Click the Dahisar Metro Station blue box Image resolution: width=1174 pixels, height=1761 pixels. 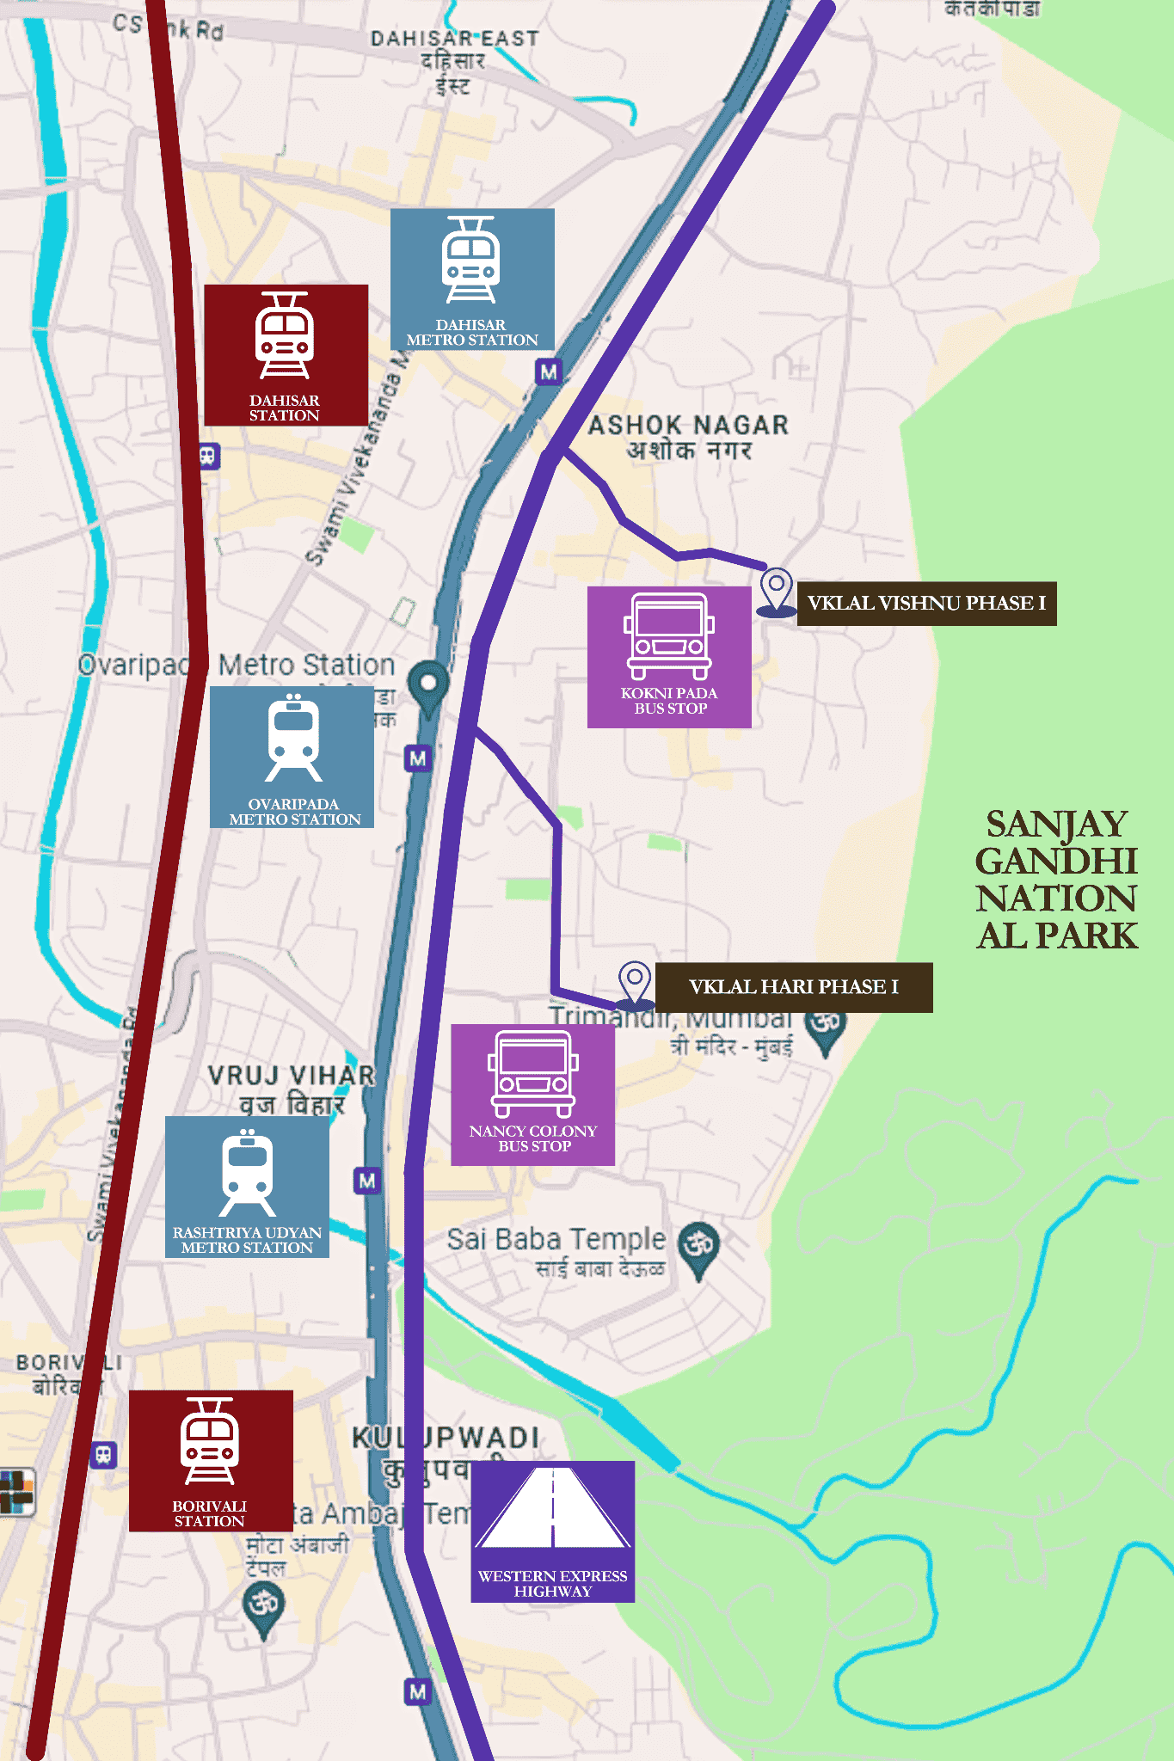472,279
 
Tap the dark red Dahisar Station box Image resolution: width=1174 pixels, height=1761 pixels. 286,354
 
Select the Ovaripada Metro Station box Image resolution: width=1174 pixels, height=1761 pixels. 292,757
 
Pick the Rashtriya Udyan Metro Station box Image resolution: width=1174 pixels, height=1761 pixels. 247,1187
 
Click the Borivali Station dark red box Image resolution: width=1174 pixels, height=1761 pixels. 211,1460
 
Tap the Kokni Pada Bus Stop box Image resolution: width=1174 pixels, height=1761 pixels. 669,657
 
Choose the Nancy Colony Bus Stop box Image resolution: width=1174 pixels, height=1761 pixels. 533,1094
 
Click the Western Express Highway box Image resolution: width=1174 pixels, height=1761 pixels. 553,1531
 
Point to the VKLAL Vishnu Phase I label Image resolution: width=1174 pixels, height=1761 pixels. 926,603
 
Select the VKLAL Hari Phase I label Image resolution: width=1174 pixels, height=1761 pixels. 793,987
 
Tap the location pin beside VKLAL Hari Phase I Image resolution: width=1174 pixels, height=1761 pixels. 635,982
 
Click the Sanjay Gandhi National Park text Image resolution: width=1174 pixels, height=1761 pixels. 1057,879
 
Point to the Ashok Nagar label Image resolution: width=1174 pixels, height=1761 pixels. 688,437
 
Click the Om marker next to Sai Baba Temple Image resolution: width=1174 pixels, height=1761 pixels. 699,1246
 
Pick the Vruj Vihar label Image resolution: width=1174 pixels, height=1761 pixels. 291,1088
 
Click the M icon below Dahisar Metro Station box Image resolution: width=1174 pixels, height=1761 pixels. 548,372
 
